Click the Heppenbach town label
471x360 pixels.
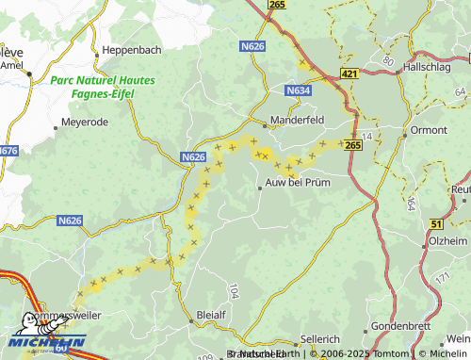[x=133, y=49]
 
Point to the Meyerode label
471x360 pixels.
[x=85, y=123]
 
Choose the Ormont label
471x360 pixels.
[x=429, y=130]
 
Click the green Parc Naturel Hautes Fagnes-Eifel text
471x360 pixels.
[x=105, y=87]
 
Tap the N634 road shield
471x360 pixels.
[x=298, y=90]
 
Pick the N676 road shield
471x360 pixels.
[x=8, y=151]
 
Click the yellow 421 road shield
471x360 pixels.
[x=349, y=73]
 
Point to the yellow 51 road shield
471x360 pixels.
[x=436, y=223]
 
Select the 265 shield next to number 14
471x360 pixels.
[x=352, y=145]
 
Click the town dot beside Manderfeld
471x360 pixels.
[x=265, y=121]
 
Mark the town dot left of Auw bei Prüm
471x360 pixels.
[x=260, y=188]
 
